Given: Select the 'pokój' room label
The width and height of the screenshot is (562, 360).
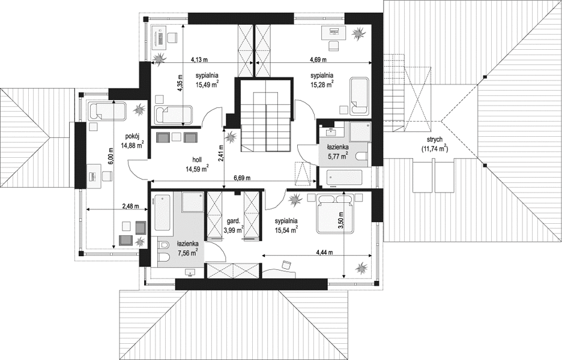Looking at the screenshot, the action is coord(132,136).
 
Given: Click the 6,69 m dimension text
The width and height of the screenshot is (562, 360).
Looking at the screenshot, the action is coord(242,178).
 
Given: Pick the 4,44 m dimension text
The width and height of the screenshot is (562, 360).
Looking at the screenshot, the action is coord(324,252).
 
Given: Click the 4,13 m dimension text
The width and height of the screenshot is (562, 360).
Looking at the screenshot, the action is coord(199,59).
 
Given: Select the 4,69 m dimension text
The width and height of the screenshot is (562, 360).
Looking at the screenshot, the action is coord(318,59).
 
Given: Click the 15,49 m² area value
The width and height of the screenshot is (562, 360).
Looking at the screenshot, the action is coord(207,85).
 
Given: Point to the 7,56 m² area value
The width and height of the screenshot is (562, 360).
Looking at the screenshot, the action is coord(188,252).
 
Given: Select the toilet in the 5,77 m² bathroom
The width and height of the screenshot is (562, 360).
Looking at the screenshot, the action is coord(361,156).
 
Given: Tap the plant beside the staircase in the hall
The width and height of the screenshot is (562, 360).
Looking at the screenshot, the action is coord(231,136).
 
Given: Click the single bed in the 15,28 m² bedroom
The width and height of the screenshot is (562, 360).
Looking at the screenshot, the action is coord(360,95).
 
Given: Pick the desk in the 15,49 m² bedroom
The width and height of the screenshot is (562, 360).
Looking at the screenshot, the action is coord(159,37).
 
